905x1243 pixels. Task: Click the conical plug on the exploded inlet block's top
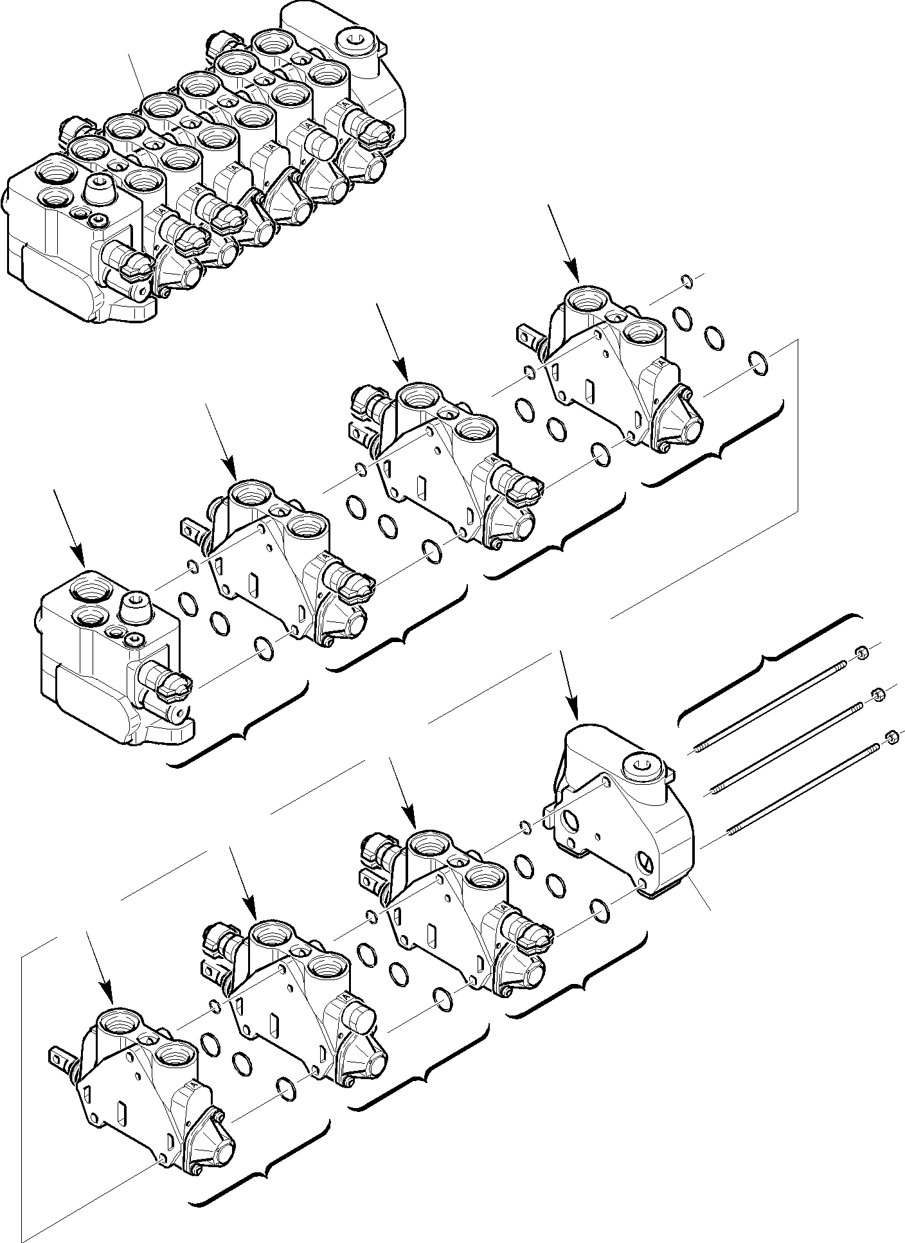point(136,606)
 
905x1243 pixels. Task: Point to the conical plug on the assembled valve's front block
point(100,188)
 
